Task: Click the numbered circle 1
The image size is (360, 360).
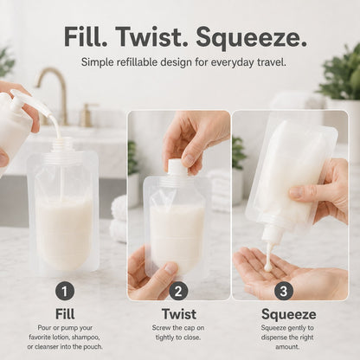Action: tap(65, 291)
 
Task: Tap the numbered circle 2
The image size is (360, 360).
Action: tap(178, 291)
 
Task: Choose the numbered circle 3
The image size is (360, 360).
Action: tap(284, 291)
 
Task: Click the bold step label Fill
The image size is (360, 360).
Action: tap(65, 314)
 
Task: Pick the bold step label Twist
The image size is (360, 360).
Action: tap(179, 314)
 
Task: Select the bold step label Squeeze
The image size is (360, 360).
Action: tap(289, 314)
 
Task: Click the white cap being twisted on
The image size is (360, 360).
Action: tap(177, 168)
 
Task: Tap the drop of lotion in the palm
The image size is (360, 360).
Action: tap(268, 267)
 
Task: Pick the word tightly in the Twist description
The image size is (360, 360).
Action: tap(165, 337)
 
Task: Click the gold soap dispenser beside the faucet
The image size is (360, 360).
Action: tap(86, 114)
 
